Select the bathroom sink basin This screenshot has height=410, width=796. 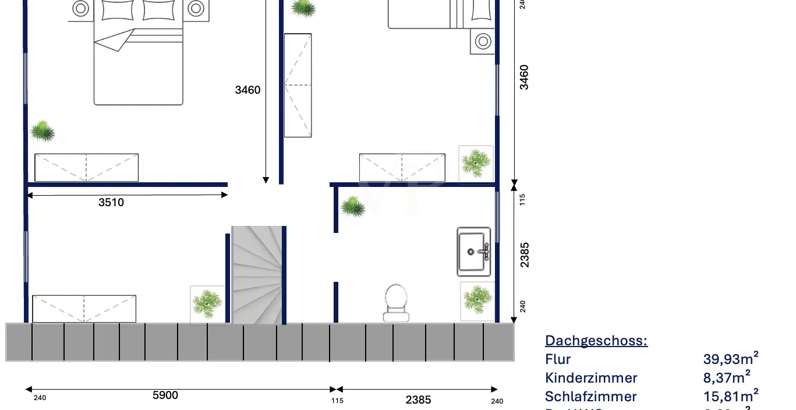click(473, 252)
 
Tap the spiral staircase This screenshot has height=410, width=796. click(257, 275)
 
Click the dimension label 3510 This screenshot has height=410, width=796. click(111, 203)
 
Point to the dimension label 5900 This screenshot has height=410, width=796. click(165, 395)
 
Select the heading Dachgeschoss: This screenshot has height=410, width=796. click(596, 341)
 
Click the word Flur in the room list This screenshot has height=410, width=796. click(558, 359)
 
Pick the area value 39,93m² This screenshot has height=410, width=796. click(731, 359)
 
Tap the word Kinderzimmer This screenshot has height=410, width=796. click(591, 378)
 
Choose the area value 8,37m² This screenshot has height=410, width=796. click(727, 377)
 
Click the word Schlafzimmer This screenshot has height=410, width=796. click(590, 397)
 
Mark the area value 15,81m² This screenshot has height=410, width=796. click(731, 396)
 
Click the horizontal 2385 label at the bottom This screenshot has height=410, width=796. click(418, 400)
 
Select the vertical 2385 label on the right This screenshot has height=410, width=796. click(525, 255)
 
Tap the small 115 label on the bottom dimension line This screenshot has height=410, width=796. click(337, 401)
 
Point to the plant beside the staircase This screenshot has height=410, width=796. click(207, 303)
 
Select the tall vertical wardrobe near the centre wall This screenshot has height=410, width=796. click(298, 85)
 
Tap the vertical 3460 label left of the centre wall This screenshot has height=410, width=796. click(247, 90)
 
